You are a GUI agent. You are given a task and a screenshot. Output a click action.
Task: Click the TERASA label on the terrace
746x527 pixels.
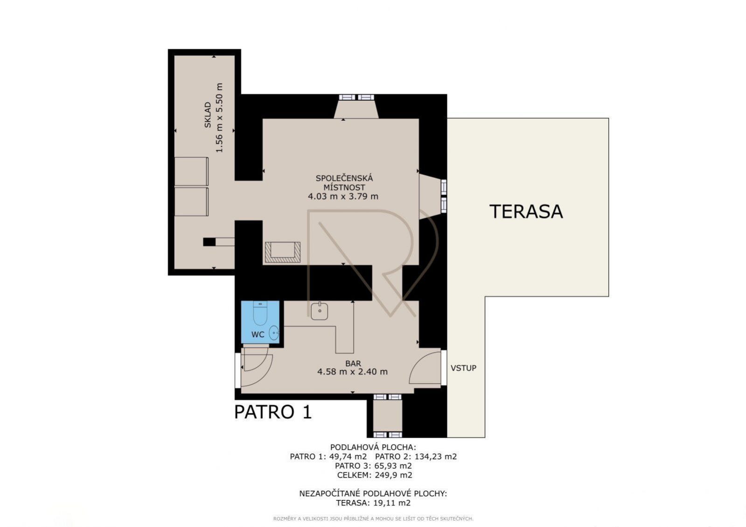tap(526, 212)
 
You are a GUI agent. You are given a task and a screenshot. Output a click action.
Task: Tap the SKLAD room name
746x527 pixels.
tap(208, 115)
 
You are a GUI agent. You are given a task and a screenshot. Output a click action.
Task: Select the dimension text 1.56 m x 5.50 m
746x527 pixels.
tap(219, 118)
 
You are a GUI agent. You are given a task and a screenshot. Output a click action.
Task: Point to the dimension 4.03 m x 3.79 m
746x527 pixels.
tap(343, 196)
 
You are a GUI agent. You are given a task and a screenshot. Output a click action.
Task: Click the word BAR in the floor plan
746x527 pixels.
tap(353, 364)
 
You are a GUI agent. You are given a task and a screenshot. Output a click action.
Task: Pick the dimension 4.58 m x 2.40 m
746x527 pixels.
tap(352, 372)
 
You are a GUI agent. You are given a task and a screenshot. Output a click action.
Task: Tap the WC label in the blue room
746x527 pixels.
tap(258, 334)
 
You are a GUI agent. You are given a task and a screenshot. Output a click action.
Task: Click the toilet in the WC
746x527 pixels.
tap(260, 312)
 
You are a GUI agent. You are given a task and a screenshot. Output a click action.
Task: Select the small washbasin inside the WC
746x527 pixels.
tap(274, 333)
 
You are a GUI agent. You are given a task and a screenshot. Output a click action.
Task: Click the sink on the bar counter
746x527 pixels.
tap(320, 311)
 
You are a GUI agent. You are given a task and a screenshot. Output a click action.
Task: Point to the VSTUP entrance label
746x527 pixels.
tap(464, 368)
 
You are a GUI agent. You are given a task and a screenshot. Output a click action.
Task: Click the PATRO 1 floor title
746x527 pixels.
tap(273, 412)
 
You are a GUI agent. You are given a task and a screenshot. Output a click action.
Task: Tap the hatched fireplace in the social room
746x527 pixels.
tap(283, 252)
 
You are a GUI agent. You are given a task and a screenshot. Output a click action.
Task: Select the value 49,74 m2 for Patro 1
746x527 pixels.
tap(348, 457)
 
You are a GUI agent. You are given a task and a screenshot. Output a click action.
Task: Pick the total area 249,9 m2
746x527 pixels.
tap(394, 475)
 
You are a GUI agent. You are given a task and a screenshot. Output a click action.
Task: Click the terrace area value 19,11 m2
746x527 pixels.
tap(391, 503)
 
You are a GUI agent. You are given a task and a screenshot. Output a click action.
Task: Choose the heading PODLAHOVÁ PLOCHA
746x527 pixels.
tap(373, 447)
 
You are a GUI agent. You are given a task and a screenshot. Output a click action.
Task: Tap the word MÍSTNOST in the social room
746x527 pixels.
tap(344, 187)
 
